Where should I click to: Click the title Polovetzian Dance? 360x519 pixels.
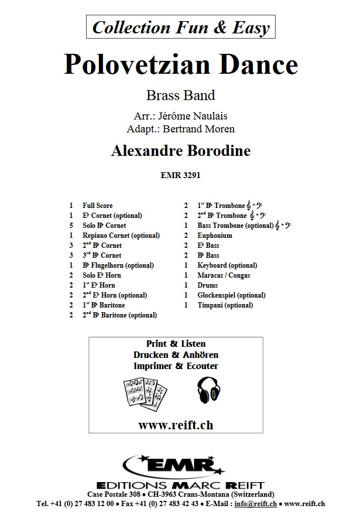[x=180, y=64]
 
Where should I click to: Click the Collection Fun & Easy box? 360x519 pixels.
[x=180, y=27]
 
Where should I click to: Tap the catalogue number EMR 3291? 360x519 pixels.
[x=180, y=173]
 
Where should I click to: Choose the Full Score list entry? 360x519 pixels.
[x=98, y=206]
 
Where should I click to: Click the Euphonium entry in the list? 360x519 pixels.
[x=215, y=235]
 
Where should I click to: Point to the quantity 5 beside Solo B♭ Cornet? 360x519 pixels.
[x=71, y=226]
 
